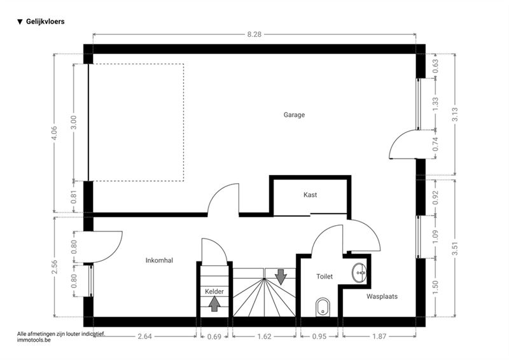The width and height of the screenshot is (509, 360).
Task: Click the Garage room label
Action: click(294, 114)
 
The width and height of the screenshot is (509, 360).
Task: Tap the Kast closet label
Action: click(310, 195)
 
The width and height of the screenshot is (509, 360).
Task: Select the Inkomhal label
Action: click(159, 260)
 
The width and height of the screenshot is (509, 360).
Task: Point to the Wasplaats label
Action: click(382, 296)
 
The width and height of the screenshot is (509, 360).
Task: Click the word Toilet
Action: click(324, 277)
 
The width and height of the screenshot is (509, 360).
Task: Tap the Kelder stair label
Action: click(214, 291)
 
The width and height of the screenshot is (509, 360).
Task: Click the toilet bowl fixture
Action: click(323, 307)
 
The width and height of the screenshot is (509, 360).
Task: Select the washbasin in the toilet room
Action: click(359, 273)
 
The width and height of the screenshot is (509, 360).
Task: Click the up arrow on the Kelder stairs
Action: click(214, 304)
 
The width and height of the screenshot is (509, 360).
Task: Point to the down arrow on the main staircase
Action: click(281, 277)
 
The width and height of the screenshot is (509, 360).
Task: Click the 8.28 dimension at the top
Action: click(254, 34)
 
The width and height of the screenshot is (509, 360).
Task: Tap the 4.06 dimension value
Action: click(54, 133)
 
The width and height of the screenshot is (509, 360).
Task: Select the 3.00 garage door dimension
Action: click(74, 122)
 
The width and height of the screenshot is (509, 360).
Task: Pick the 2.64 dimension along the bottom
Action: click(145, 336)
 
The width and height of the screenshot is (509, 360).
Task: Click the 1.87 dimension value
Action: click(379, 336)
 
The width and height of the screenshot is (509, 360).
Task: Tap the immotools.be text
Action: click(34, 340)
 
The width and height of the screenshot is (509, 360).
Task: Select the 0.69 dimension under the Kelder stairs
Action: click(214, 336)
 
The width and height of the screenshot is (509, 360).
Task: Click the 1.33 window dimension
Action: click(435, 104)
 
